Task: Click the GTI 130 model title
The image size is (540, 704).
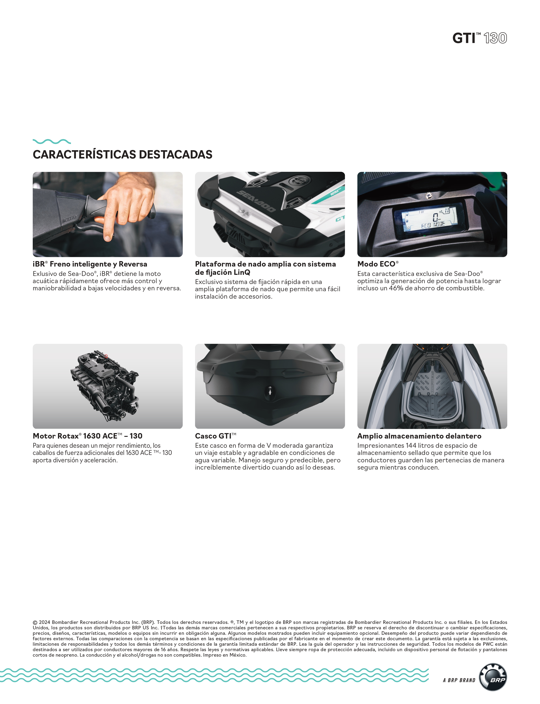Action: [480, 38]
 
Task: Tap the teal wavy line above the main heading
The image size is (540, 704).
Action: [52, 141]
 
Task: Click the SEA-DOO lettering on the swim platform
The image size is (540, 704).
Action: [256, 201]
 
